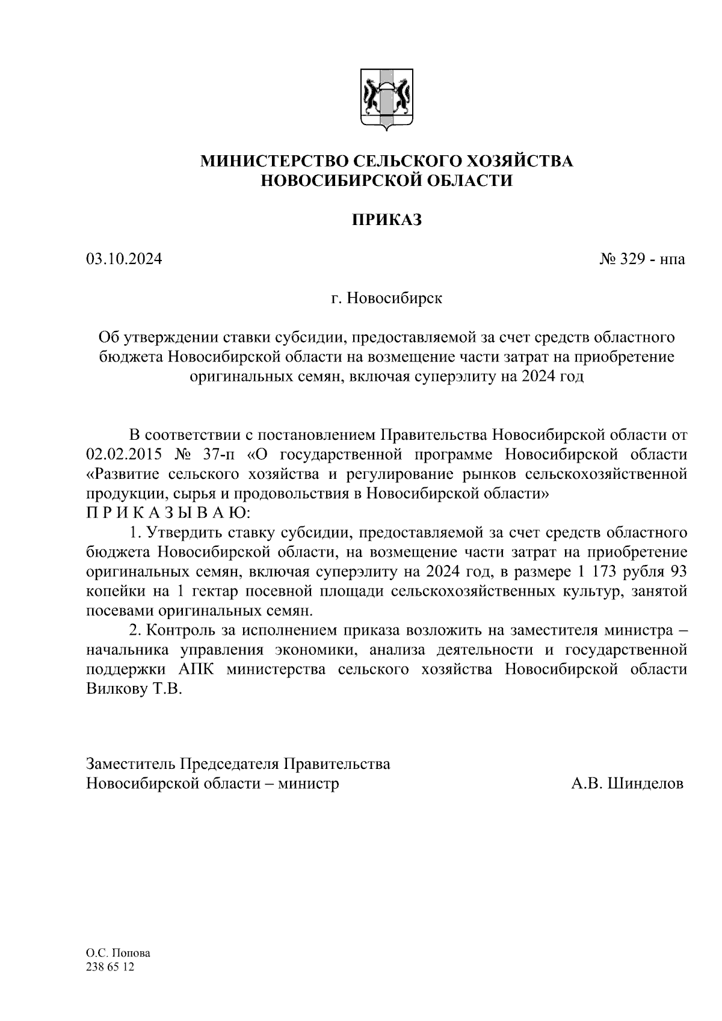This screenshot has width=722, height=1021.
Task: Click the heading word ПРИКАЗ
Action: point(386,220)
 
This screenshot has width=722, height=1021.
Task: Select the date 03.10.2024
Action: point(124,259)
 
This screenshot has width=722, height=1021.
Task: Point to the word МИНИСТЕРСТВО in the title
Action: point(274,161)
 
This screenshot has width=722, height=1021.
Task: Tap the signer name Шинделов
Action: point(646,784)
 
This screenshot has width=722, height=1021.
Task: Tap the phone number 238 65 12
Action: point(111,967)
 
